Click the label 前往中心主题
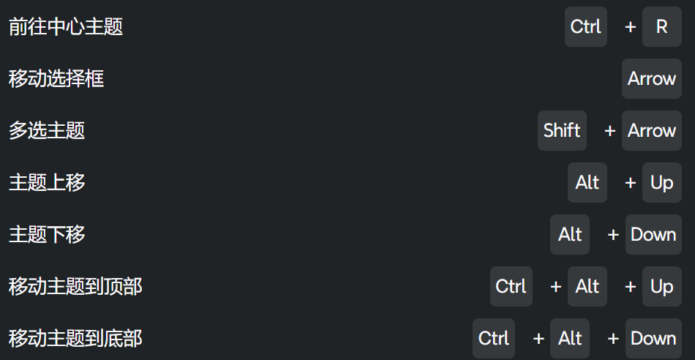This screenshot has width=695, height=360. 66,27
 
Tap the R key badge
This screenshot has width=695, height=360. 661,27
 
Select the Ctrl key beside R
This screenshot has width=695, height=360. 585,27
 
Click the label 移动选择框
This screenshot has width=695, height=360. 56,79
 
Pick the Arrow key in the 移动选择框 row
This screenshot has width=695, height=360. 651,79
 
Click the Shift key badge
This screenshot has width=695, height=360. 562,131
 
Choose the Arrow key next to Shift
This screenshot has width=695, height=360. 651,131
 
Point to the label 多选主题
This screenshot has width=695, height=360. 47,131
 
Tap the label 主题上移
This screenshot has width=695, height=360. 47,183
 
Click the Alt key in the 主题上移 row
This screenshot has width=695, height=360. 587,183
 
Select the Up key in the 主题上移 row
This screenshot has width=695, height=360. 661,183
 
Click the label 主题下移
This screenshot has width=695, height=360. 47,235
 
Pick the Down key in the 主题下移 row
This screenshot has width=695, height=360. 653,235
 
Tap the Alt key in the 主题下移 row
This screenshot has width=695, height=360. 570,235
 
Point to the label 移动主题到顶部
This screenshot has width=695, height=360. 75,287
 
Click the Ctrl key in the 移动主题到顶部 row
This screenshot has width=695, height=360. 511,287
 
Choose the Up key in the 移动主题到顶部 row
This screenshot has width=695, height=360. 661,287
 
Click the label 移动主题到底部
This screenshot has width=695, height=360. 75,339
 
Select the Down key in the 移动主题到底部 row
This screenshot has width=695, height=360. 653,339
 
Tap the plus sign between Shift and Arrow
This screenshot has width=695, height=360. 609,131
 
